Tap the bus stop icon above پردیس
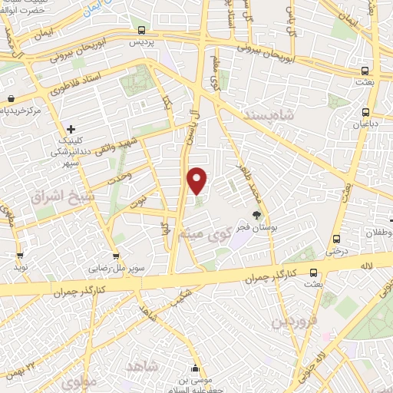click(x=140, y=30)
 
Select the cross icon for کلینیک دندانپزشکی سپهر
click(x=71, y=129)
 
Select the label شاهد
click(x=142, y=367)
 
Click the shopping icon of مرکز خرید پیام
click(x=12, y=99)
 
